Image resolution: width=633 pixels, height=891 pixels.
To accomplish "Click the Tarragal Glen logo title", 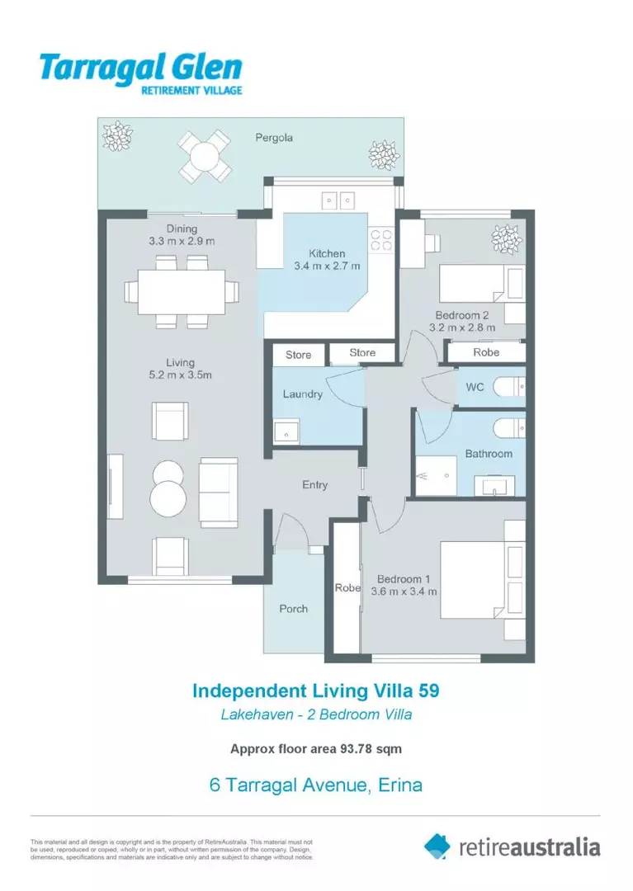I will pyautogui.click(x=140, y=67).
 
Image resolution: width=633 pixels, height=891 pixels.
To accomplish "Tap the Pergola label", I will pyautogui.click(x=273, y=138).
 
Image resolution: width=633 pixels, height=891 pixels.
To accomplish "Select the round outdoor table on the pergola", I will pyautogui.click(x=204, y=156).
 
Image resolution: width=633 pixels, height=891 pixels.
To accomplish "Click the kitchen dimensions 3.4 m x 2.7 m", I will pyautogui.click(x=327, y=266).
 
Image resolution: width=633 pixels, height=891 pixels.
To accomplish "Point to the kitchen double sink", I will pyautogui.click(x=338, y=199).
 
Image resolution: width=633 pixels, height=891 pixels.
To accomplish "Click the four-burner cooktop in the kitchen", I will pyautogui.click(x=380, y=239).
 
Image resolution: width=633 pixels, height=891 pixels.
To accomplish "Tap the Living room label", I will pyautogui.click(x=180, y=362).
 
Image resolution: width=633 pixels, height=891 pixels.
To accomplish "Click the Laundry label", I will pyautogui.click(x=302, y=394).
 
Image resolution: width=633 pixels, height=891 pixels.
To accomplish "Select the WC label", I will pyautogui.click(x=475, y=387).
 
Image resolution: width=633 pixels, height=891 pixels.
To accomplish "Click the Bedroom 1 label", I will pyautogui.click(x=404, y=579).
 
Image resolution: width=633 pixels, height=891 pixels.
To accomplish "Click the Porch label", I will pyautogui.click(x=293, y=609).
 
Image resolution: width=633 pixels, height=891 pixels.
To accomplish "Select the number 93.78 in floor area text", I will pyautogui.click(x=359, y=749).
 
